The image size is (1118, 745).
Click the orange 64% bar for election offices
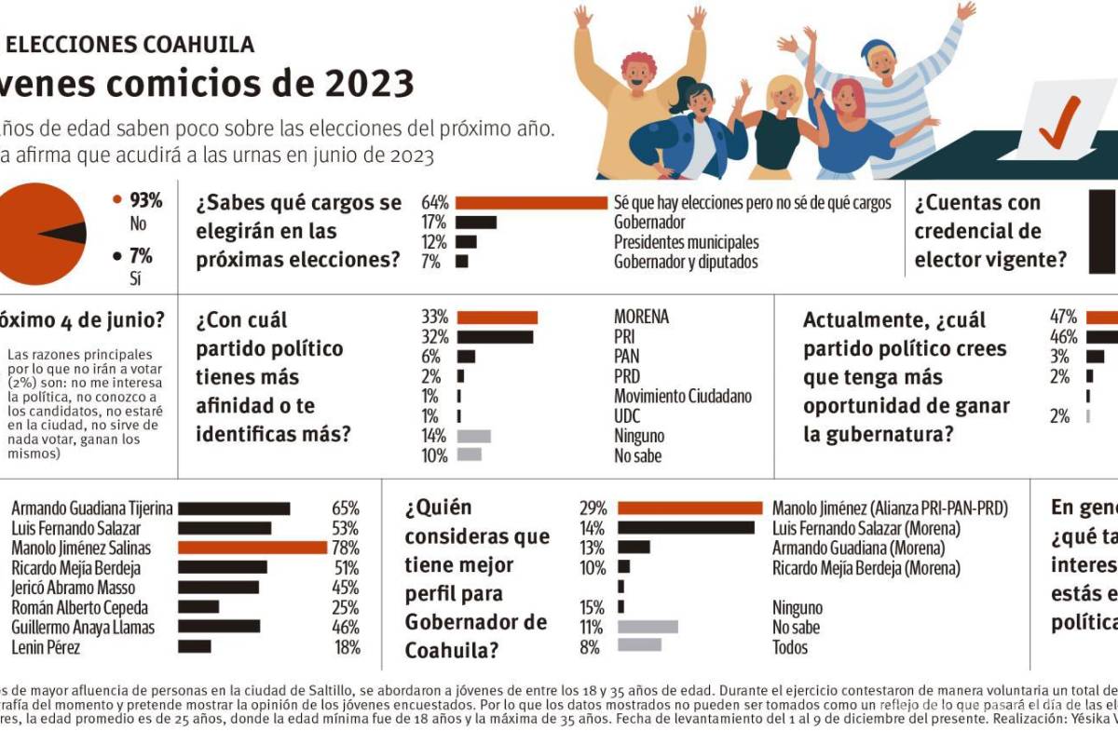coord(531,203)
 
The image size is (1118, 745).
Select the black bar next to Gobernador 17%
coord(476,223)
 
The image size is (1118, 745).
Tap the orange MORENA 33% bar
coord(497,317)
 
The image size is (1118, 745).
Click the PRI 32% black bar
coord(495,336)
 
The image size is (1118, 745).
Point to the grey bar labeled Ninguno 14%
coord(473,435)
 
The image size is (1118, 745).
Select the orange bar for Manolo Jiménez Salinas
coord(252,548)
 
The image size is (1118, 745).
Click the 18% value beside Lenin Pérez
coord(347,647)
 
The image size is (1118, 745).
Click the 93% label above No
coord(145,200)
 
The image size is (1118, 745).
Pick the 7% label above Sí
coord(141,255)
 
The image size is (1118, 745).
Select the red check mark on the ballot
coord(1059,124)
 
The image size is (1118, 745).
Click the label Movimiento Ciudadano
coord(682,396)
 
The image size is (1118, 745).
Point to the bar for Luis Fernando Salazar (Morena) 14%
coord(686,528)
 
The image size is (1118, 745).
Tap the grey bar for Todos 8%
coord(639,644)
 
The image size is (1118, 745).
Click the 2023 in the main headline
coord(369,84)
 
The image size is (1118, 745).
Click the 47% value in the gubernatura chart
coord(1063,317)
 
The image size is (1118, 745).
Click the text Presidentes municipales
coord(687,242)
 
